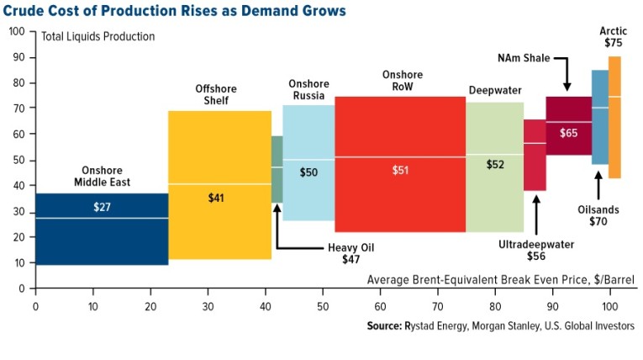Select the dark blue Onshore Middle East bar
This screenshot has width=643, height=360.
[x=101, y=240]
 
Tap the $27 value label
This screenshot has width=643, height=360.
[x=101, y=206]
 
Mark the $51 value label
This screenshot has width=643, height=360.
[x=400, y=170]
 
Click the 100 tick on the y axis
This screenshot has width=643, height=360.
[x=17, y=31]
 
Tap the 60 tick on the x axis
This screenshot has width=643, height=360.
[x=380, y=306]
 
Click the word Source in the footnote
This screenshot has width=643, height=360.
[x=387, y=326]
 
